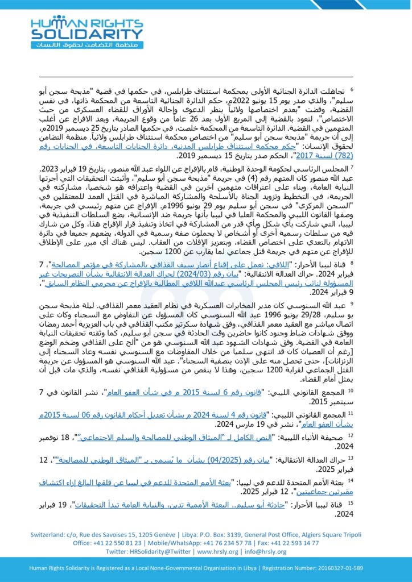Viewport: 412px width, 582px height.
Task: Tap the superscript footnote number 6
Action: coord(351,89)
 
